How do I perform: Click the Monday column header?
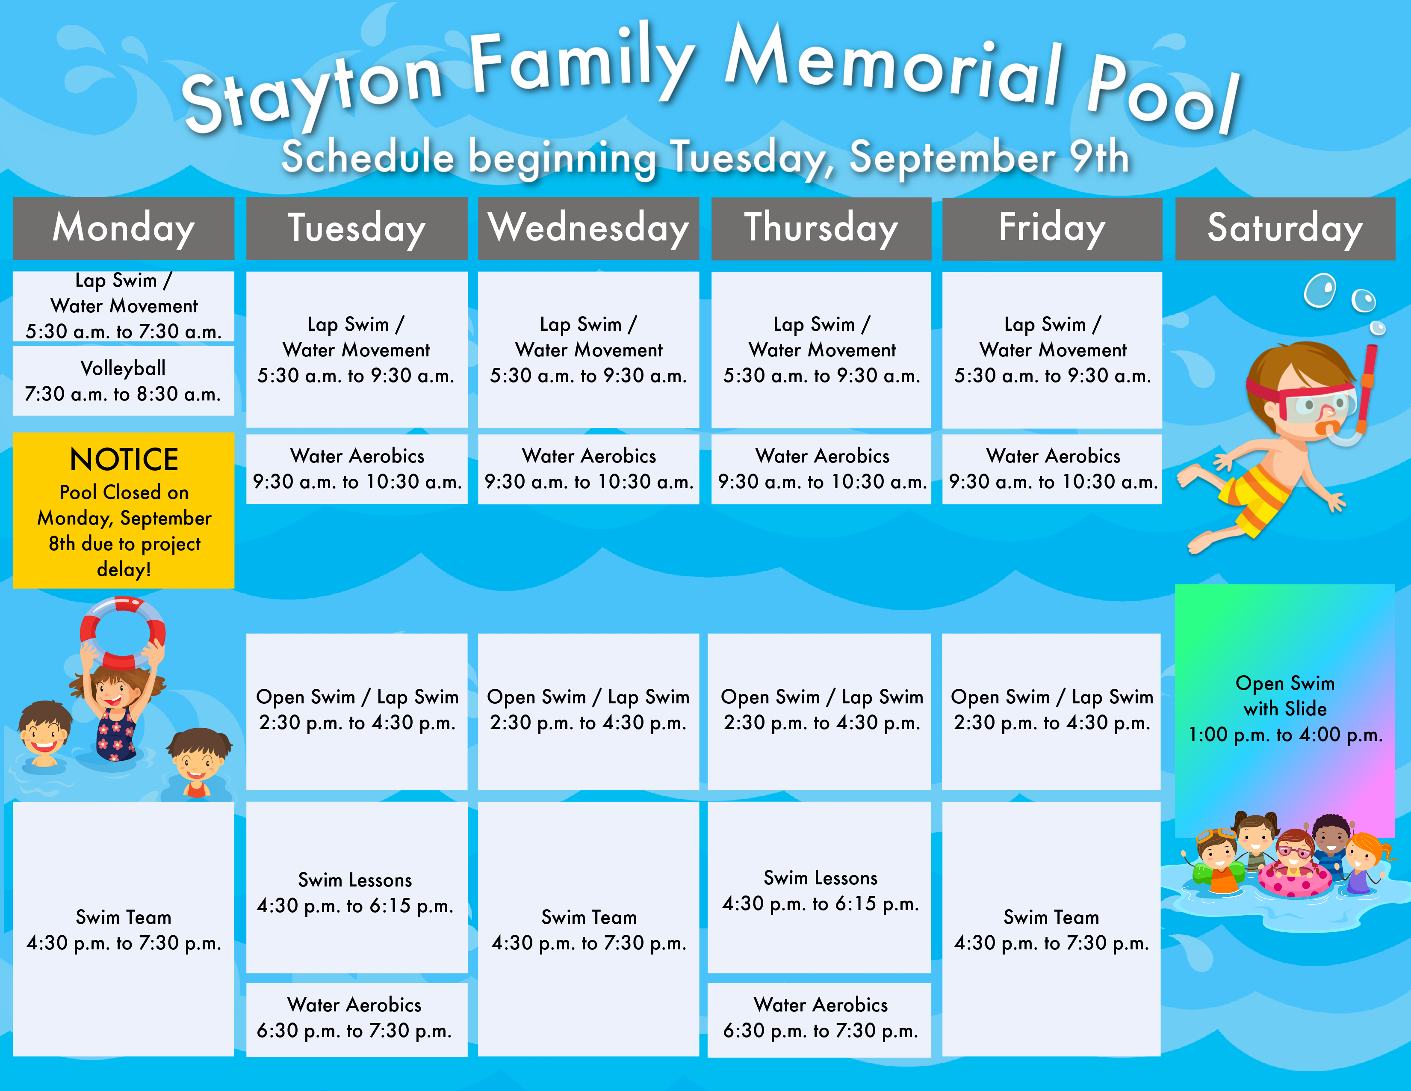[x=124, y=228]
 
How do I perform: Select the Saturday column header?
[x=1285, y=228]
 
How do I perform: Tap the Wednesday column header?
[x=589, y=228]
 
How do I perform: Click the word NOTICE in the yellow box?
[x=124, y=460]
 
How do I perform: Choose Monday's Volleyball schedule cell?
[x=124, y=381]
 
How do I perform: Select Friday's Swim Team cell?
[x=1051, y=929]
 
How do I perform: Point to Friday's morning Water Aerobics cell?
[x=1052, y=468]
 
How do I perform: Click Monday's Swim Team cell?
[x=124, y=929]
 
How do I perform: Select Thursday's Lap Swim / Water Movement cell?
[x=821, y=350]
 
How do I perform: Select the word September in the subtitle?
[x=952, y=157]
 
